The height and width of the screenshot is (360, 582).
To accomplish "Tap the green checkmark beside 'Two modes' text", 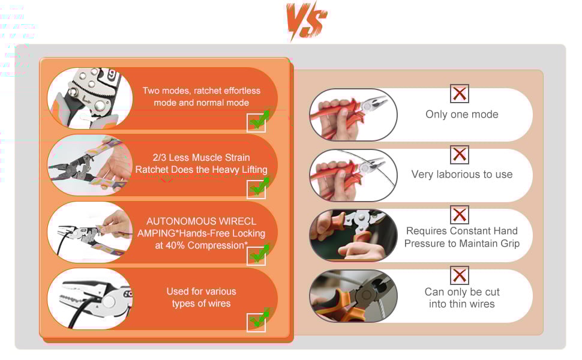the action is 258,120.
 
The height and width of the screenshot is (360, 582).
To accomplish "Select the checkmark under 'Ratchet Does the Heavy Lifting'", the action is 258,187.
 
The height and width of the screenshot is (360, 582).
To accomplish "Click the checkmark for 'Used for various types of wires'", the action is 258,320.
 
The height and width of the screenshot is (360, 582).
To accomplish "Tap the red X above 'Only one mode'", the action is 460,94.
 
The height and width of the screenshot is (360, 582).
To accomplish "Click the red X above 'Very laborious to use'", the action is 460,154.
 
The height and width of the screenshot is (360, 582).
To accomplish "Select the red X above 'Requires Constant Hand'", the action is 460,215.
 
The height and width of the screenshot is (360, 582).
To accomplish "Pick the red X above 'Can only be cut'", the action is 460,275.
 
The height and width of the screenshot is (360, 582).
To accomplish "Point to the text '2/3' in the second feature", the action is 160,157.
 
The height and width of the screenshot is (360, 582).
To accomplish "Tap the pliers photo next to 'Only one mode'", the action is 353,115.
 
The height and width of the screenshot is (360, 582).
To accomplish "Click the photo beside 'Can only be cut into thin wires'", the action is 353,296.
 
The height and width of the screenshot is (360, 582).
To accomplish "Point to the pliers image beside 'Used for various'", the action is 90,299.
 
